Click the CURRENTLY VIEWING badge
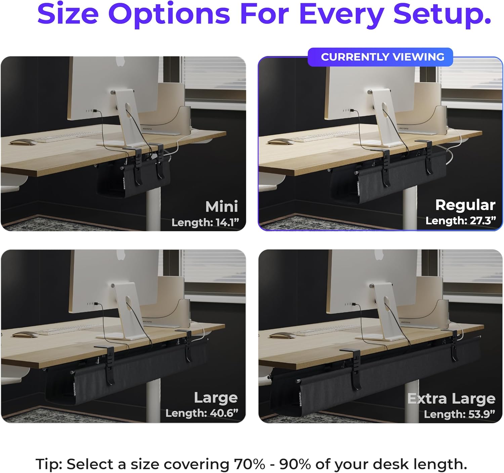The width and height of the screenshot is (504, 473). (380, 57)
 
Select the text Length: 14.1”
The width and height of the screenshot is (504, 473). (205, 223)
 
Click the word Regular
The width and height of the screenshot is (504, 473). (465, 205)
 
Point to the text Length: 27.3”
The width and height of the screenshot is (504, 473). (460, 221)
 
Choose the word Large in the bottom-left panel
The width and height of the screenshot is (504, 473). (216, 398)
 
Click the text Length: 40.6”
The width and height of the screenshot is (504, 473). (202, 413)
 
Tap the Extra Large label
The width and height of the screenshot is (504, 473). (451, 398)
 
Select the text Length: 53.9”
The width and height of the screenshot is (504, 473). (459, 414)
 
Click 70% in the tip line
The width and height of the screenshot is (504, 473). (249, 464)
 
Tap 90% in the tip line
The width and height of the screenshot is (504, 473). (295, 464)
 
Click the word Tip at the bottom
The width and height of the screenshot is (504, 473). (49, 464)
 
